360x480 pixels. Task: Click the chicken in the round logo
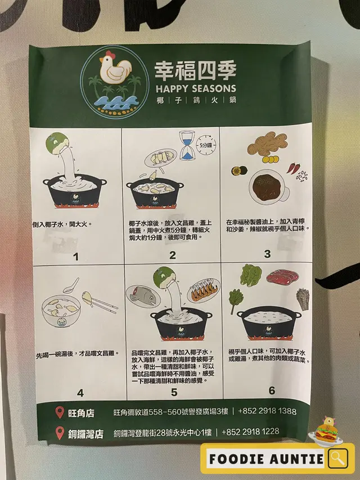[115, 68]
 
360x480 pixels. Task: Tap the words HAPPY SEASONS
[196, 89]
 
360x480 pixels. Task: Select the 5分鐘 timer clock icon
[206, 145]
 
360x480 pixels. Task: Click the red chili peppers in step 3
[294, 168]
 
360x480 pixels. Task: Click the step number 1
[76, 257]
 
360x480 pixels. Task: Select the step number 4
[80, 393]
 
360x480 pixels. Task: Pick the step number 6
[272, 391]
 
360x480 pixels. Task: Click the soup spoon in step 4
[71, 286]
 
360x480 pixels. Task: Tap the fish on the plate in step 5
[143, 297]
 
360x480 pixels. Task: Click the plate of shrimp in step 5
[203, 290]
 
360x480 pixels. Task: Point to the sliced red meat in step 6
[282, 277]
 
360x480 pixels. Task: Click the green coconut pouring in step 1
[57, 143]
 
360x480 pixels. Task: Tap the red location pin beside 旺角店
[60, 412]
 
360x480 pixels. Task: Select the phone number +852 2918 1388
[267, 411]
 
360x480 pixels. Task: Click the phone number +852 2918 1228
[250, 432]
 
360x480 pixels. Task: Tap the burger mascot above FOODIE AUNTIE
[327, 430]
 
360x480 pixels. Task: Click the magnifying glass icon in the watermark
[338, 458]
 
